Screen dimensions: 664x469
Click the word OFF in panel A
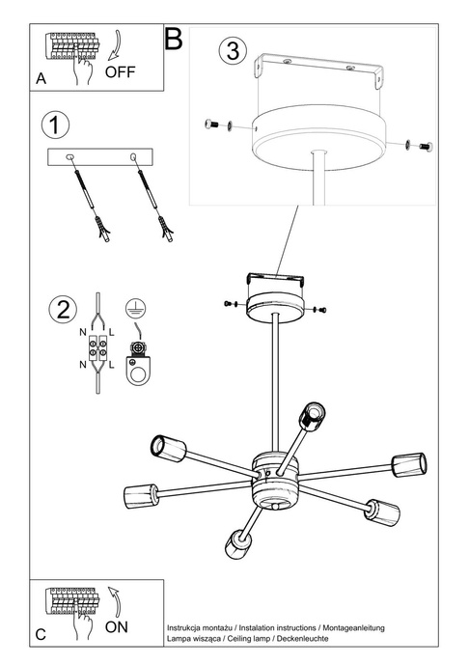click(120, 70)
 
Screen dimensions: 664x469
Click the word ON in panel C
click(116, 626)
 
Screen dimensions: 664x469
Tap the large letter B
click(174, 39)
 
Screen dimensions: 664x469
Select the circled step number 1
click(58, 125)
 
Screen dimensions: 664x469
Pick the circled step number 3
click(230, 51)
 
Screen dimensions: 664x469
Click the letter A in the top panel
click(41, 82)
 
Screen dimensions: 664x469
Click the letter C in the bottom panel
click(41, 635)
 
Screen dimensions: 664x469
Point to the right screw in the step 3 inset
click(422, 145)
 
